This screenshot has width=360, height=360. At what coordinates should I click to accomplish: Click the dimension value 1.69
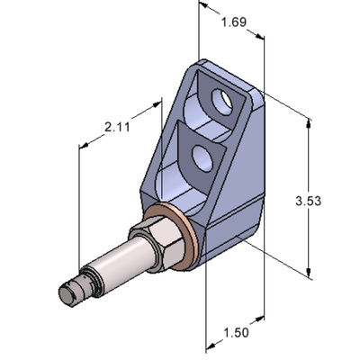point(233,21)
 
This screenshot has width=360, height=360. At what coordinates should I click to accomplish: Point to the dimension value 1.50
point(235,334)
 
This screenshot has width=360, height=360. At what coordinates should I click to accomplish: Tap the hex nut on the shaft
point(148,250)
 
